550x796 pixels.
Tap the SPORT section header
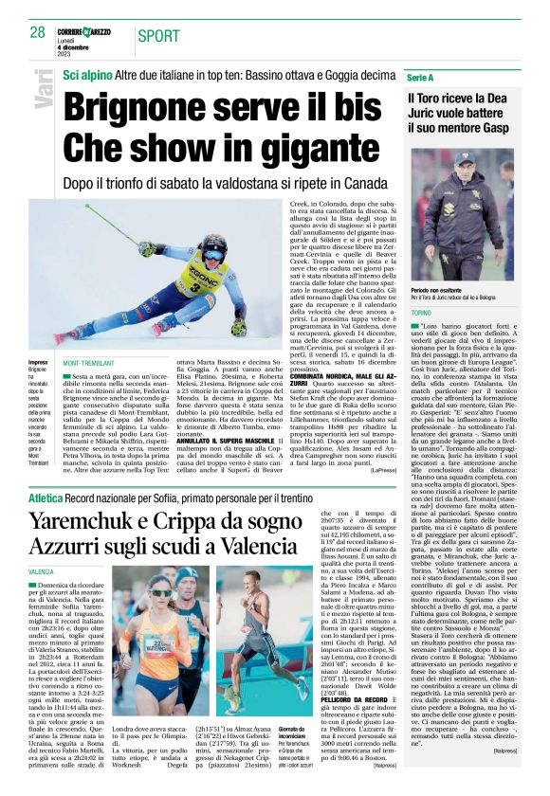[x=158, y=36]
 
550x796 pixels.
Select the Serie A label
[x=420, y=75]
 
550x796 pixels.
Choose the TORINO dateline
[x=419, y=312]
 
